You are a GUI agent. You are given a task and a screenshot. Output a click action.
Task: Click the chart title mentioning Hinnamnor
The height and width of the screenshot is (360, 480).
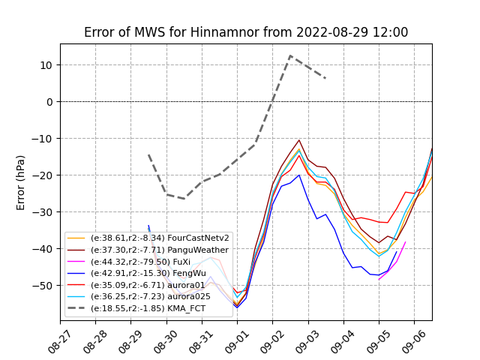[x=246, y=32]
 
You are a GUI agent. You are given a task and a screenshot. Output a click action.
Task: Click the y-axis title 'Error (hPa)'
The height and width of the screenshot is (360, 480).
[x=21, y=182]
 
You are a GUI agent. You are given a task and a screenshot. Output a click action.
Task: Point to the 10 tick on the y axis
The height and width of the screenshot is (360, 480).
[x=47, y=65]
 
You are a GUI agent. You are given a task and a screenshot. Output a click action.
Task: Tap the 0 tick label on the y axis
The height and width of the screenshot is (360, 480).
[x=50, y=102]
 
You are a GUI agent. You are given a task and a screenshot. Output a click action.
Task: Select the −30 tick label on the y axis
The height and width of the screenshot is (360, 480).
[x=44, y=212]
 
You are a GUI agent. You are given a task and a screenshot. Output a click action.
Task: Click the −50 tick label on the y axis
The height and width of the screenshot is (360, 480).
[x=44, y=286]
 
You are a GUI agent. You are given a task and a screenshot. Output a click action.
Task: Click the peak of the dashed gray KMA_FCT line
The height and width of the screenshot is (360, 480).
[x=290, y=55]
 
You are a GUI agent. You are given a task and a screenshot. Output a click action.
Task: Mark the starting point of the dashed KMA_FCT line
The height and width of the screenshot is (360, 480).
[x=148, y=155]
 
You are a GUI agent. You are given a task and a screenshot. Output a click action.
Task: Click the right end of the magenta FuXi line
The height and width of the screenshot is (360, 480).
[x=406, y=241]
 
